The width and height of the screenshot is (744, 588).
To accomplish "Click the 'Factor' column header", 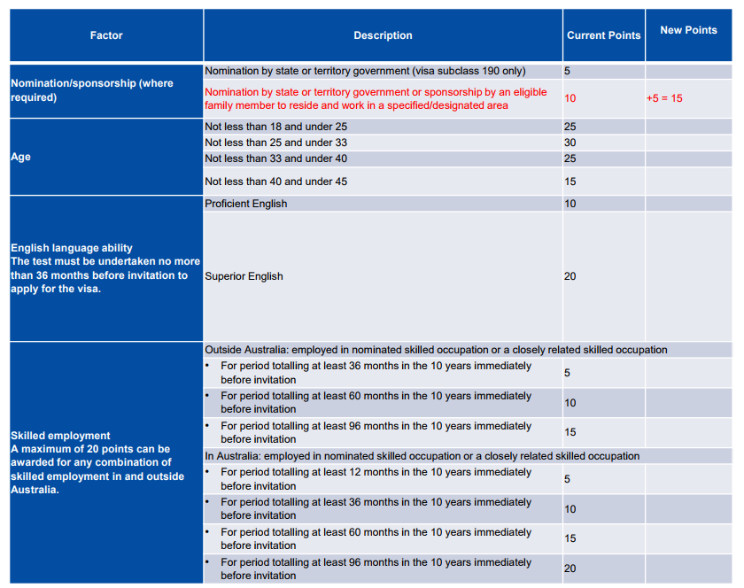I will click(106, 35).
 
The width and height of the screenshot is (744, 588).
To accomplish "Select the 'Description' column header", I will click(383, 35).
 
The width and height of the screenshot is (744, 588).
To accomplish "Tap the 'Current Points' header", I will click(603, 35).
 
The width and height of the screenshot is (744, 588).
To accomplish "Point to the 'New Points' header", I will click(688, 30).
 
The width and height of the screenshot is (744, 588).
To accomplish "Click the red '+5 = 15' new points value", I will click(664, 98).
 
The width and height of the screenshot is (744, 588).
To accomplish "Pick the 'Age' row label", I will click(21, 157).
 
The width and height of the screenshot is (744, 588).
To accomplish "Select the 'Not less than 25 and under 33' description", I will click(275, 143).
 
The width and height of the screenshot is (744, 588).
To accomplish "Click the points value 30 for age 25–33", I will click(570, 143).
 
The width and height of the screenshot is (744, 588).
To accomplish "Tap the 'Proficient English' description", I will click(246, 204).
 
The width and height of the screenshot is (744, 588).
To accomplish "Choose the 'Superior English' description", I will click(244, 276).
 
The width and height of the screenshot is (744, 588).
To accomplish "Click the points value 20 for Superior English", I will click(570, 276).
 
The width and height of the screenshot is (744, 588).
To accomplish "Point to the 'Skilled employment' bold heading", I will click(60, 436).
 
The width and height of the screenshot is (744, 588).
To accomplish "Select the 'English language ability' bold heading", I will click(72, 248).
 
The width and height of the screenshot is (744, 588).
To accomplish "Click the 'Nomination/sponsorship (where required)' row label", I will click(92, 90).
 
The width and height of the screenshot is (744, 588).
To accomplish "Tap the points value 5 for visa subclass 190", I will click(568, 71).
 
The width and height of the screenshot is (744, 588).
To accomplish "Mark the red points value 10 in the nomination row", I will click(570, 98).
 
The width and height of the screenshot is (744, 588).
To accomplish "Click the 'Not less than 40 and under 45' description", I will click(275, 182).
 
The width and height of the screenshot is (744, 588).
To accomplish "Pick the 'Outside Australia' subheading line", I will click(436, 350).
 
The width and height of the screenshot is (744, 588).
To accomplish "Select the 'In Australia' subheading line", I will click(422, 456).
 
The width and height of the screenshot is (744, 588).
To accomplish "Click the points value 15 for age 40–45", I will click(570, 182).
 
